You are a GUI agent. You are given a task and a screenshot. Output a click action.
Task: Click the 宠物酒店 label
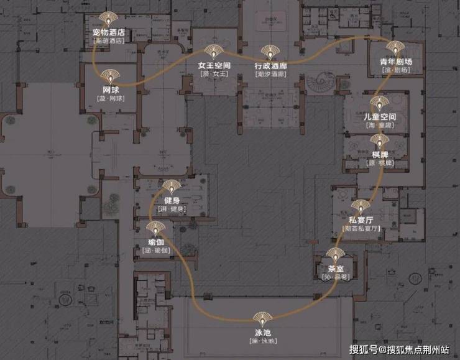pyautogui.click(x=108, y=32)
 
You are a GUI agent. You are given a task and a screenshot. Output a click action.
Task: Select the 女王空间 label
pyautogui.click(x=214, y=65)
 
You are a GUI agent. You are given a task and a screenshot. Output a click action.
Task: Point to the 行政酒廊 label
pyautogui.click(x=270, y=65)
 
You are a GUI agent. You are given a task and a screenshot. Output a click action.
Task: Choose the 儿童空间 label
pyautogui.click(x=380, y=117)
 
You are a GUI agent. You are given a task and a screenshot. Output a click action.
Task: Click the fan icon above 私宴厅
pyautogui.click(x=361, y=207)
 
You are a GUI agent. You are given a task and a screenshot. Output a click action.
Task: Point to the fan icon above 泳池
pyautogui.click(x=262, y=318)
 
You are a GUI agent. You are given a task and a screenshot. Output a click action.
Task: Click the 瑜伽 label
pyautogui.click(x=155, y=241)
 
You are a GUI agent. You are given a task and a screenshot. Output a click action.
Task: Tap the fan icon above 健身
pyautogui.click(x=172, y=186)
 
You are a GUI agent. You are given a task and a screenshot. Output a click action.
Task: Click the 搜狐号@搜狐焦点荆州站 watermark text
pyautogui.click(x=400, y=349)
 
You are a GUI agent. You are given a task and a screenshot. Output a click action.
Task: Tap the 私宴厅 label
pyautogui.click(x=361, y=220)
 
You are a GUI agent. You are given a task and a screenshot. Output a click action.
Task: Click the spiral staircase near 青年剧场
pyautogui.click(x=325, y=81)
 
